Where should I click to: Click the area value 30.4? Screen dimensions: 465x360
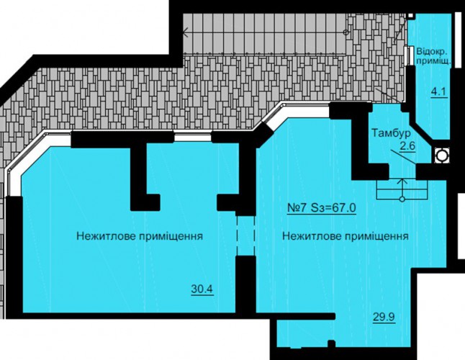click(202, 289)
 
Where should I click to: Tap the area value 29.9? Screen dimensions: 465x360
click(384, 318)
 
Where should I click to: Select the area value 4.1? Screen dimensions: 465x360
click(438, 91)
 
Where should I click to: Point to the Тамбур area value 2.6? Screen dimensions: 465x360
click(407, 146)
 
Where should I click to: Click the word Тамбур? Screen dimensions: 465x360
click(392, 133)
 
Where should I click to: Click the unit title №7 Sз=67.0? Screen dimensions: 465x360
click(322, 207)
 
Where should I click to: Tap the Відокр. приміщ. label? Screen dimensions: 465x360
click(433, 56)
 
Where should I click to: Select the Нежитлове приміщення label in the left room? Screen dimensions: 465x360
click(140, 236)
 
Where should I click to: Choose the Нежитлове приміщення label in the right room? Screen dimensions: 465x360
click(346, 236)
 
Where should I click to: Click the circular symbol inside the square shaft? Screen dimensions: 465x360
click(442, 156)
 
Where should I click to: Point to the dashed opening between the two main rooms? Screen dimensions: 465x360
click(245, 235)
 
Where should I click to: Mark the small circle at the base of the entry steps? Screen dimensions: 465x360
click(402, 199)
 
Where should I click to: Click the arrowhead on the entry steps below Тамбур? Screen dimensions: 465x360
click(402, 181)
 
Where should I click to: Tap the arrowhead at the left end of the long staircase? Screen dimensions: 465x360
click(186, 32)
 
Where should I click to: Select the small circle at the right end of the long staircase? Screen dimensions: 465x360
click(346, 32)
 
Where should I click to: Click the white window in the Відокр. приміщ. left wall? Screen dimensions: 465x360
click(410, 55)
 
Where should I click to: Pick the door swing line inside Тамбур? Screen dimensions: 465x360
click(402, 156)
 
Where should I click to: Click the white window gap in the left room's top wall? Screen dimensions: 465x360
click(192, 138)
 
